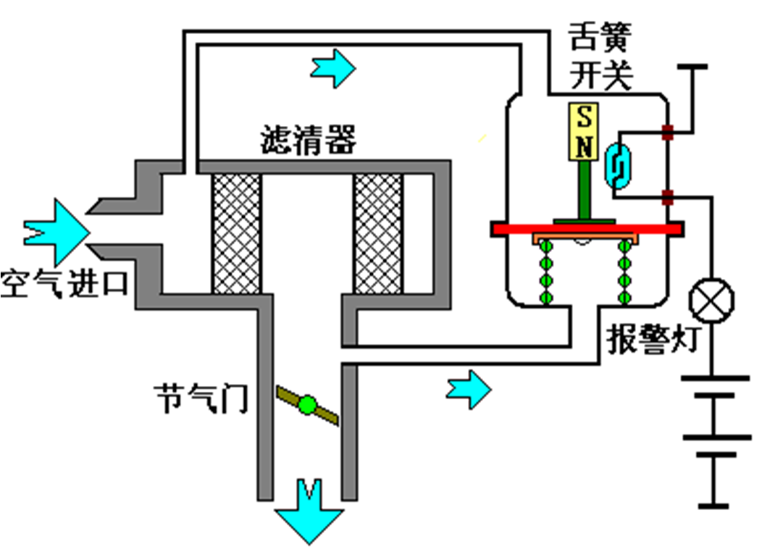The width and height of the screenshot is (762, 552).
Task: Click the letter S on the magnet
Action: coord(584,117)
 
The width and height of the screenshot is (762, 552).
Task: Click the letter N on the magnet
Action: coord(584,146)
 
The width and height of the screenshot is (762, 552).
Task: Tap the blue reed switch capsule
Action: coord(618,166)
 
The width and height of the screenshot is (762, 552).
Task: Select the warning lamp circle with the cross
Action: coord(711,301)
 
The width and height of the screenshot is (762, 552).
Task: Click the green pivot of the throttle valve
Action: coord(307,405)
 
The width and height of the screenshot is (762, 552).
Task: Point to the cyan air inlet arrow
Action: coord(56,233)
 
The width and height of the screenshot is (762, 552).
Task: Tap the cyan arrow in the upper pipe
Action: coord(333,68)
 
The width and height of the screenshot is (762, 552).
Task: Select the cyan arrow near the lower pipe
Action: coord(469,389)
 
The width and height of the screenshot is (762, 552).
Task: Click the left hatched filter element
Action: coord(237,234)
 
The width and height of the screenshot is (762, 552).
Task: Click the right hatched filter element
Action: coord(379,234)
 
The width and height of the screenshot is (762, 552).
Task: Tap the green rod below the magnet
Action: coord(585,191)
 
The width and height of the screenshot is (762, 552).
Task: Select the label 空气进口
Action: coord(64,284)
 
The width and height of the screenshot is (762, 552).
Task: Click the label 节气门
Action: coord(201,398)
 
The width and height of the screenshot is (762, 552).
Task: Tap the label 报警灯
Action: coord(653,339)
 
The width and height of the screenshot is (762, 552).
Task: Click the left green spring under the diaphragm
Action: coord(546,272)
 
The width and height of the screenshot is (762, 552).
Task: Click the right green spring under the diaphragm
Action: coord(625,272)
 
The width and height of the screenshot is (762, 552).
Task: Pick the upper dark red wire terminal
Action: coord(669,132)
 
